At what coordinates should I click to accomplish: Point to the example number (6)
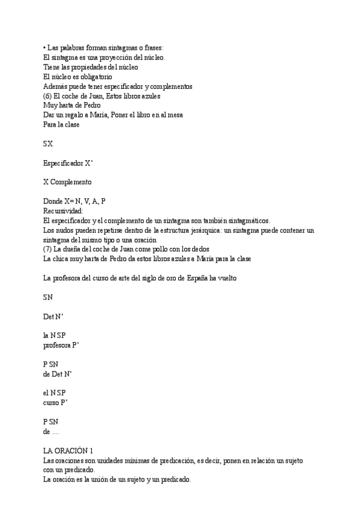tap(49, 96)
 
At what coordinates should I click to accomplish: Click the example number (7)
tap(49, 249)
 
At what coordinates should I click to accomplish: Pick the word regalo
tap(80, 115)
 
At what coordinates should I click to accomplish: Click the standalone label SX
tap(49, 144)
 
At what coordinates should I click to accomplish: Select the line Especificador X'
tap(68, 163)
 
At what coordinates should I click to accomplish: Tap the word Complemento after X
tap(71, 182)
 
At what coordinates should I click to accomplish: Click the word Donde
tap(53, 201)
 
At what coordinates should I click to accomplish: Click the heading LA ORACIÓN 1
tap(68, 451)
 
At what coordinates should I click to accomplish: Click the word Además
tap(56, 86)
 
